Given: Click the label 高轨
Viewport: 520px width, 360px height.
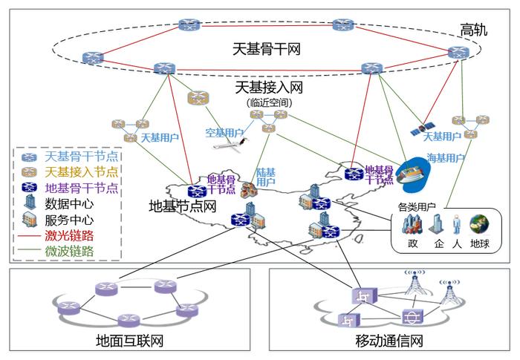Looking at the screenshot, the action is pyautogui.click(x=474, y=30).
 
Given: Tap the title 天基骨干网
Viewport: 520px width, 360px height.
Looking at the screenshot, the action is pyautogui.click(x=266, y=49).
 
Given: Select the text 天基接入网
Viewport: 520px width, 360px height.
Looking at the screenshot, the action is pyautogui.click(x=269, y=88).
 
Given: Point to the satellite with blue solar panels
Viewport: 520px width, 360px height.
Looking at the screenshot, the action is pyautogui.click(x=422, y=128).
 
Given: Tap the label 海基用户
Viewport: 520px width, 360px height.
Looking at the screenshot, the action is pyautogui.click(x=446, y=158).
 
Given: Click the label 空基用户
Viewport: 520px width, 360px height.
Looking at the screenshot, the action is pyautogui.click(x=224, y=133).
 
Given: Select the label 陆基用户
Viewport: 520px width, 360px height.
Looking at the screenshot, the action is pyautogui.click(x=266, y=177).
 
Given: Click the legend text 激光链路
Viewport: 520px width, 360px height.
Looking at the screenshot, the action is pyautogui.click(x=69, y=236).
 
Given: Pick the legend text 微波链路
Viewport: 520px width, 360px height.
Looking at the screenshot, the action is pyautogui.click(x=69, y=252).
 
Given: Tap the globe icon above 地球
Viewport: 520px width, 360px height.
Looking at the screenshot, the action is pyautogui.click(x=479, y=223).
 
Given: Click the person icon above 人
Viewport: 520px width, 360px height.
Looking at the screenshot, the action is pyautogui.click(x=457, y=224).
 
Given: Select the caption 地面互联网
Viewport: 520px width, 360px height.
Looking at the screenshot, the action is pyautogui.click(x=130, y=341).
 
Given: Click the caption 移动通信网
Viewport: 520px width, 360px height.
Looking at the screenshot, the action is pyautogui.click(x=389, y=341).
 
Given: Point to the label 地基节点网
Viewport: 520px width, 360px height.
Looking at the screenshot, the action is pyautogui.click(x=183, y=206).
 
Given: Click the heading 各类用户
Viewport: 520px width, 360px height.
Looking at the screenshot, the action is pyautogui.click(x=417, y=207).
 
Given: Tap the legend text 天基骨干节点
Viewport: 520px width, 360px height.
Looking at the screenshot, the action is pyautogui.click(x=81, y=156).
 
